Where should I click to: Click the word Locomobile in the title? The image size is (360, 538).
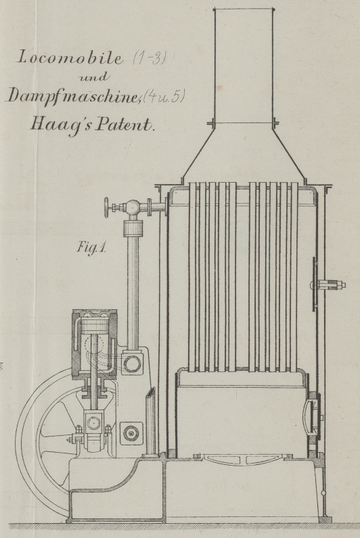tap(70, 58)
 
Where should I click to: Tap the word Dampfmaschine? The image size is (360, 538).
tap(72, 95)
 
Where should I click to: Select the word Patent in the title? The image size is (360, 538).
tap(125, 125)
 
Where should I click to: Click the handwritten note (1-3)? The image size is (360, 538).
tap(150, 58)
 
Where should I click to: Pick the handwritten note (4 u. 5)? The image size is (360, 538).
tap(163, 96)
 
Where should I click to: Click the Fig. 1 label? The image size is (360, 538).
tap(91, 247)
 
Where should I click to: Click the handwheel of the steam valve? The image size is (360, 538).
tap(108, 207)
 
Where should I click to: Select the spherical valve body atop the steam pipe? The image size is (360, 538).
tap(133, 206)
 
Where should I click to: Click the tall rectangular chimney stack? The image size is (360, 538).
tap(244, 65)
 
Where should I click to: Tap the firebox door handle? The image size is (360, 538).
tap(305, 415)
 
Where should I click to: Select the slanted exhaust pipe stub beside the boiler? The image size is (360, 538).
tap(150, 422)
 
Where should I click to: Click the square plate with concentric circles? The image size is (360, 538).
tap(131, 433)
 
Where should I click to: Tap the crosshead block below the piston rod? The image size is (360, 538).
tap(93, 423)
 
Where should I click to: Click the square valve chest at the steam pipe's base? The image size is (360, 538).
tap(132, 363)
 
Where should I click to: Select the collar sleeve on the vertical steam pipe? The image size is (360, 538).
tap(133, 228)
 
